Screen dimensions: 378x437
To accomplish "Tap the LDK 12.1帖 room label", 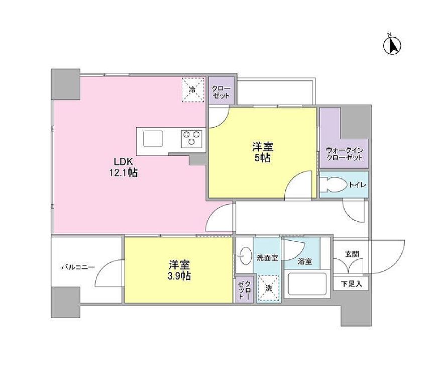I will tap(123, 168).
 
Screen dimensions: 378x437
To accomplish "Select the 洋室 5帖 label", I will tap(262, 152).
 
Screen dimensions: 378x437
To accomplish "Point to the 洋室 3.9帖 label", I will tap(179, 270).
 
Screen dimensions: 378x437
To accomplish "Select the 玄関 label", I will tap(352, 254).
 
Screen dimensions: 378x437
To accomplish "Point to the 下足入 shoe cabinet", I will tap(351, 283).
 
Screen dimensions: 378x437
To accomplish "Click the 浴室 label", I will tap(304, 261).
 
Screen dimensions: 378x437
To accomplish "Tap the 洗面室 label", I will tap(267, 258).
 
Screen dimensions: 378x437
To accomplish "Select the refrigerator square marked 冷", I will tap(193, 90).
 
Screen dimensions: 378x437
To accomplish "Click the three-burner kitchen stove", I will tap(191, 138).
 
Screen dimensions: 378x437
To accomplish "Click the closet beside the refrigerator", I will tap(221, 91).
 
